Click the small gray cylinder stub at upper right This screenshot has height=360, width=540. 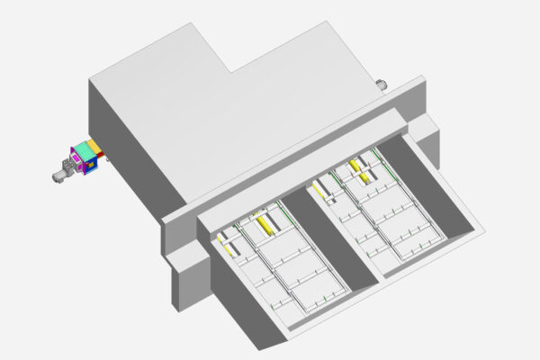382,85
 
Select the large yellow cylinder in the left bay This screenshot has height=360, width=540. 264,223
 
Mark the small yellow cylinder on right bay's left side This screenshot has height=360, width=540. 319,189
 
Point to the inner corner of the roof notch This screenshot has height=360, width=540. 232,72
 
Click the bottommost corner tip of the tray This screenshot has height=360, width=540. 271,350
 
